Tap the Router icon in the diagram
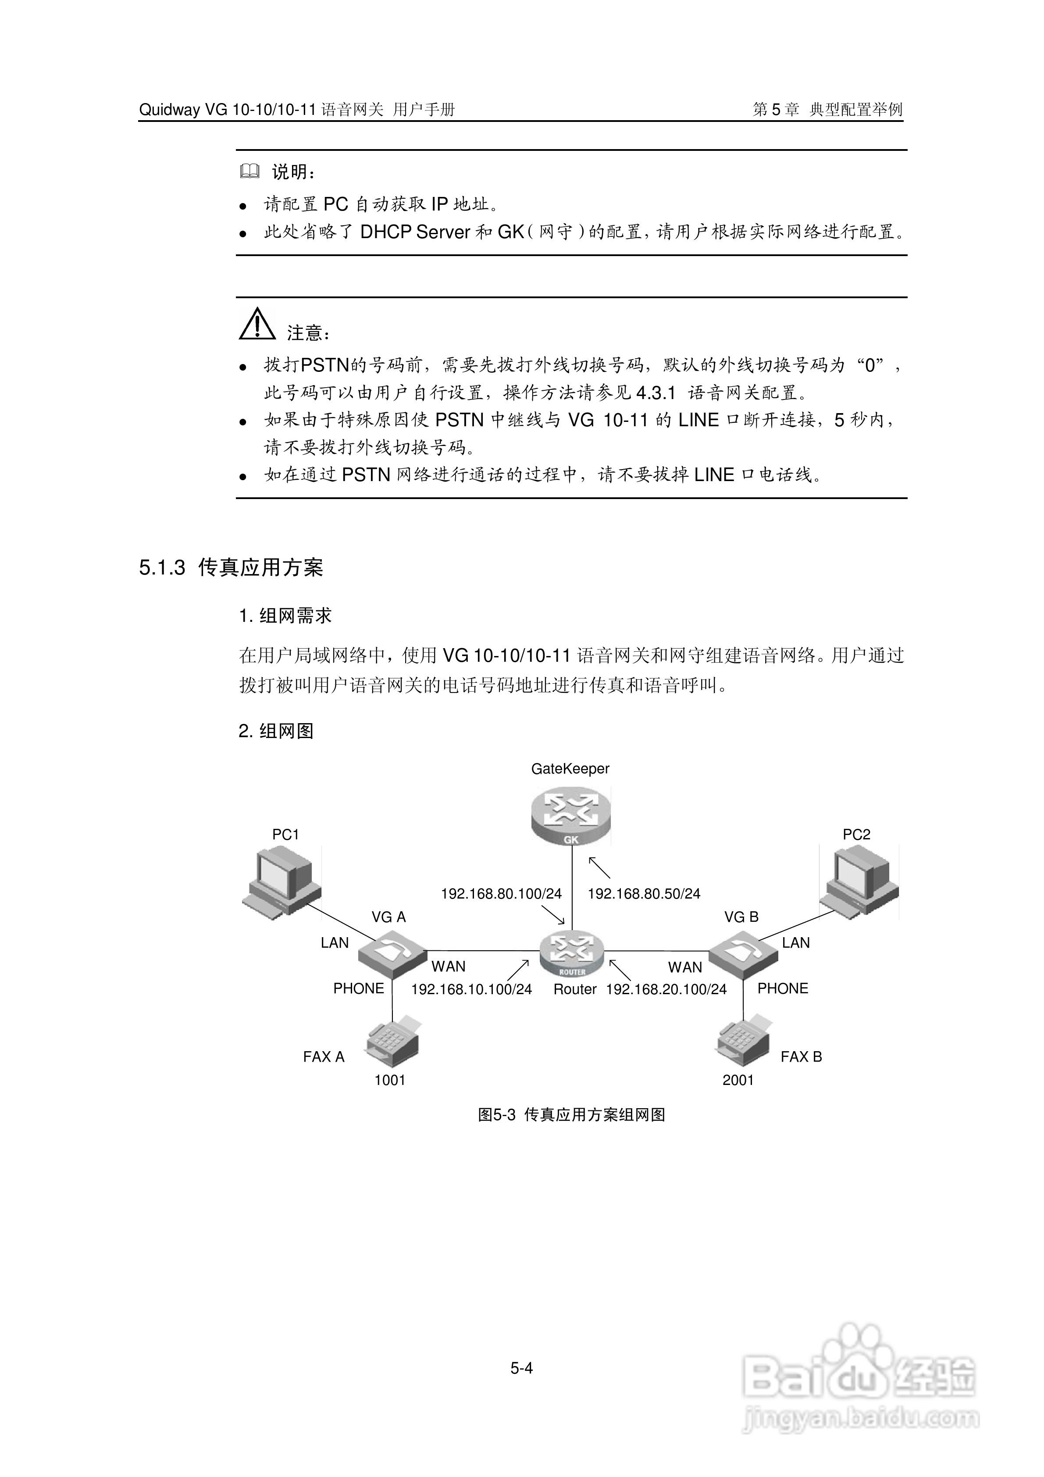point(572,955)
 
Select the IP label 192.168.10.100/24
point(471,989)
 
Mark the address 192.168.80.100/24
point(501,894)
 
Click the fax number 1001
point(390,1080)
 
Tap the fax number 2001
point(738,1080)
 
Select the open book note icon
point(249,171)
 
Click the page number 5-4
point(522,1368)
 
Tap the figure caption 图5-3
point(497,1115)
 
